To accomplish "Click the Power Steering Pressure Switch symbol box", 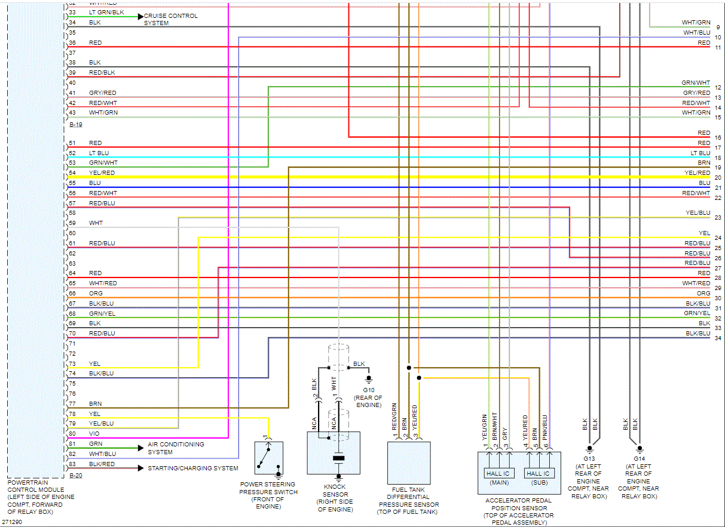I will pyautogui.click(x=268, y=458).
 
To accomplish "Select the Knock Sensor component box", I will pyautogui.click(x=334, y=453).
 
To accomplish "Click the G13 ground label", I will pyautogui.click(x=588, y=459).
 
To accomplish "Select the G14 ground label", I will pyautogui.click(x=638, y=459).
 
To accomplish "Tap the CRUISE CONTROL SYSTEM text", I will pyautogui.click(x=170, y=19).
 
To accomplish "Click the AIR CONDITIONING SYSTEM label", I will pyautogui.click(x=176, y=448).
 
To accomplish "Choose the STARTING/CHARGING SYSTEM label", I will pyautogui.click(x=192, y=469).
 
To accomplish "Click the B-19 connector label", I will pyautogui.click(x=75, y=125).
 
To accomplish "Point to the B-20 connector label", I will pyautogui.click(x=75, y=476).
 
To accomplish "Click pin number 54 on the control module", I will pyautogui.click(x=72, y=173).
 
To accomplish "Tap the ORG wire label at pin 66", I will pyautogui.click(x=95, y=294).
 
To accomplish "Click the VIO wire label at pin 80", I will pyautogui.click(x=94, y=434).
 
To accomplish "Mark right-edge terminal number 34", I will pyautogui.click(x=717, y=338).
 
